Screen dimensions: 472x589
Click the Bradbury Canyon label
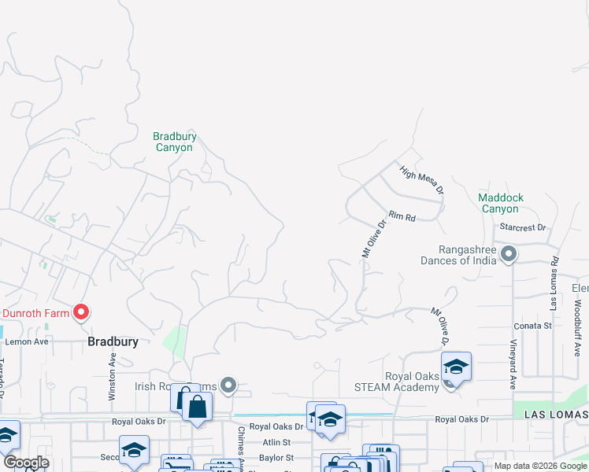click(175, 142)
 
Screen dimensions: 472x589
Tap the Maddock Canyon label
click(501, 203)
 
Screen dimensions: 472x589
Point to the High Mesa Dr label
click(422, 180)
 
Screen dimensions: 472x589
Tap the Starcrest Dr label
click(523, 227)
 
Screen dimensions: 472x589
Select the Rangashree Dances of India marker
click(509, 254)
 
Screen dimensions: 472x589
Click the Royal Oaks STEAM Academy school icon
click(455, 367)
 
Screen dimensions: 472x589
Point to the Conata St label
click(532, 326)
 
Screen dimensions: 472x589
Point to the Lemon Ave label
click(28, 341)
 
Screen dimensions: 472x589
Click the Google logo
click(26, 463)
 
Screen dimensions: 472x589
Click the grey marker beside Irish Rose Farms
click(228, 385)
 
